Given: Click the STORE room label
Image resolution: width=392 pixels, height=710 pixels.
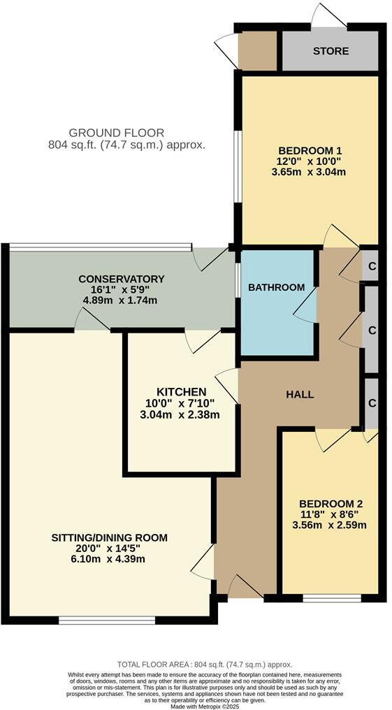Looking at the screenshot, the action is coord(331,51).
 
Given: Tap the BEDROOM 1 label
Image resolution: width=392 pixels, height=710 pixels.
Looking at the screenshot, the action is coord(310,151).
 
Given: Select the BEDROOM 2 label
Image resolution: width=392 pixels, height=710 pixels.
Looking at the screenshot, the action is coord(331,504).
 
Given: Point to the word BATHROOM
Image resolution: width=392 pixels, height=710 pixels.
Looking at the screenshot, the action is coord(277,287).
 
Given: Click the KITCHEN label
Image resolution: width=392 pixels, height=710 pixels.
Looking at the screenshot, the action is coord(182,392).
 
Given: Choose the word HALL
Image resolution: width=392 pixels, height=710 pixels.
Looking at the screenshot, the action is coord(300,395).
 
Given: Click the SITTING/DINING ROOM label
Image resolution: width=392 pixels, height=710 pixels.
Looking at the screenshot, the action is coord(110,538).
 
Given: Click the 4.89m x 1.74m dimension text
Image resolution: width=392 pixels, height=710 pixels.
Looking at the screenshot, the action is coord(120,300).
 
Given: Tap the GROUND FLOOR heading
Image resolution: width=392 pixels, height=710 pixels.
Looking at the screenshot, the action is coord(116,133).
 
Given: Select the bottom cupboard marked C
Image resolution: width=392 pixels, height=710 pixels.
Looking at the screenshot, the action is coord(371,404).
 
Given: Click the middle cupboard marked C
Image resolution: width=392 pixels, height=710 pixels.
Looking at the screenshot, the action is coord(372,331).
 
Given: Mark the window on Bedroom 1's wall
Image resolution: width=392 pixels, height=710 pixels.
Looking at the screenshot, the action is coord(237,166).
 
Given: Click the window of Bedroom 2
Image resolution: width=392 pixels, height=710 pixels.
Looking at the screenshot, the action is coord(332,598).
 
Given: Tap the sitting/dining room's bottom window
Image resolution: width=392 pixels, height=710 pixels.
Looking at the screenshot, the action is coord(107,621).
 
